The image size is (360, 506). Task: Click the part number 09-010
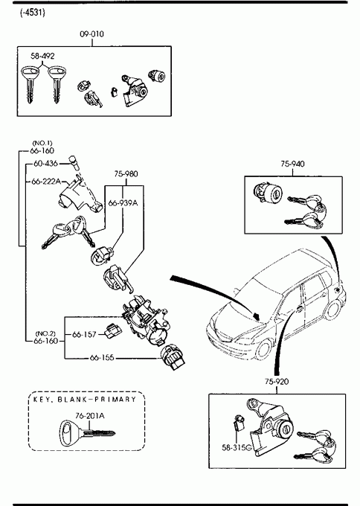92,34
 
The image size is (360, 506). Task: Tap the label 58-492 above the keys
42,56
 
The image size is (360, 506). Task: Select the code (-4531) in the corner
33,13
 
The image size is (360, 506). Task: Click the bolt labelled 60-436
74,163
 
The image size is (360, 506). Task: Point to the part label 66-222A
46,182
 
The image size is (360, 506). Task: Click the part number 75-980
126,174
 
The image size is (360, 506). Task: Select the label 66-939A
123,203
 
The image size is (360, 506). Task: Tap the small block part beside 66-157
113,331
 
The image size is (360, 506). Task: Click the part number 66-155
102,358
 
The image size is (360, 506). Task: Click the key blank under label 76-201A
87,433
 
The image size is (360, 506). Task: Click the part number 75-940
292,164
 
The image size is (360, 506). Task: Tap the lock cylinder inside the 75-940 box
268,192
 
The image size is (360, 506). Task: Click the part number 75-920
277,382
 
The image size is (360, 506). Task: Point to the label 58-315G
237,447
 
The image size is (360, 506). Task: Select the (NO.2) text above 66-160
45,333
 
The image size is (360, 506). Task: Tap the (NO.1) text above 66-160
42,143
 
